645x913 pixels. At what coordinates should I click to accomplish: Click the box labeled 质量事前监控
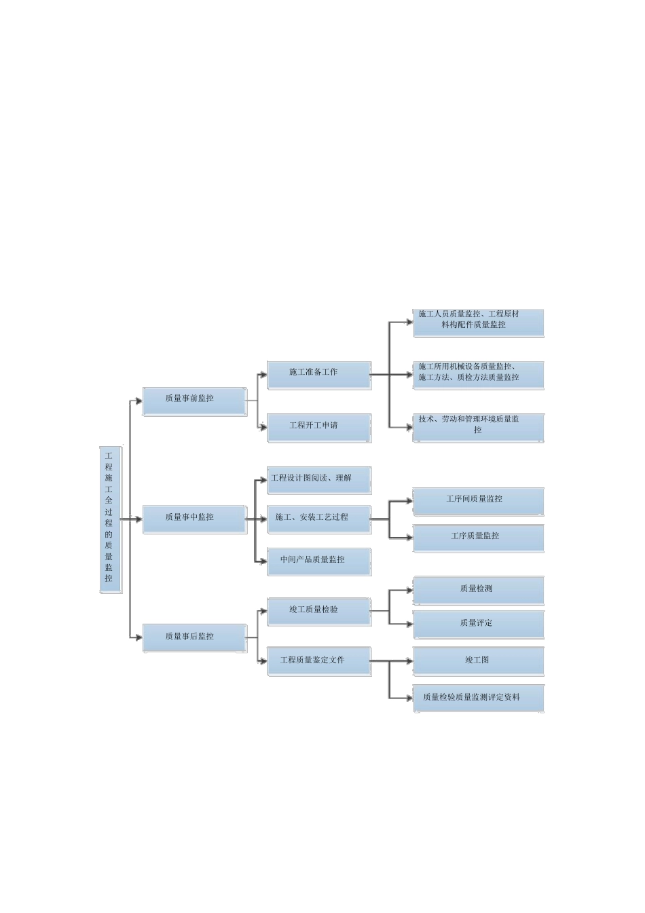(194, 401)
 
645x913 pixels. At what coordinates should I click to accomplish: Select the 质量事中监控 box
(194, 520)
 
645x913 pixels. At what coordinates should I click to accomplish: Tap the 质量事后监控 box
(194, 638)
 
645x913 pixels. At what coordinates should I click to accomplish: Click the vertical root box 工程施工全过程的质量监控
(111, 520)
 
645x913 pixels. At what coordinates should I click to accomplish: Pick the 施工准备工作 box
(319, 375)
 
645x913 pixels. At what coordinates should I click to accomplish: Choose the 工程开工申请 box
(319, 428)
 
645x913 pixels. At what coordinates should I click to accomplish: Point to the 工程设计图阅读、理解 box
(319, 481)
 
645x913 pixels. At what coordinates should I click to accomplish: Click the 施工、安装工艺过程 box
(319, 520)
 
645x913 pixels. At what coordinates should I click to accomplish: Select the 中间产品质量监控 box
(319, 562)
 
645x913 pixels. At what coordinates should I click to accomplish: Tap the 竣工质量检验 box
(319, 612)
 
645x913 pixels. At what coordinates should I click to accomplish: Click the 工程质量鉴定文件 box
(319, 662)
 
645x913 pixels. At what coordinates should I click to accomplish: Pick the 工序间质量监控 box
(478, 502)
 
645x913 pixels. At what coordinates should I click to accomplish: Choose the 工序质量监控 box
(478, 538)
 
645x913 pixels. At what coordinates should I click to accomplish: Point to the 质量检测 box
(478, 591)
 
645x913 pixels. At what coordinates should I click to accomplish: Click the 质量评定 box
(478, 625)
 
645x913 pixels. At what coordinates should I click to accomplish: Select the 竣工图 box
(478, 662)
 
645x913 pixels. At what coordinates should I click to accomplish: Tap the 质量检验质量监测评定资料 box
(478, 698)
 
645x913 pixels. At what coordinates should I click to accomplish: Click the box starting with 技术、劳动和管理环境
(478, 428)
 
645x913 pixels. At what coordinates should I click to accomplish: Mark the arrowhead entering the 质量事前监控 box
(139, 401)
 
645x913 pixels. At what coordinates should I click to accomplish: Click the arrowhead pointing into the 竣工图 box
(410, 661)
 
